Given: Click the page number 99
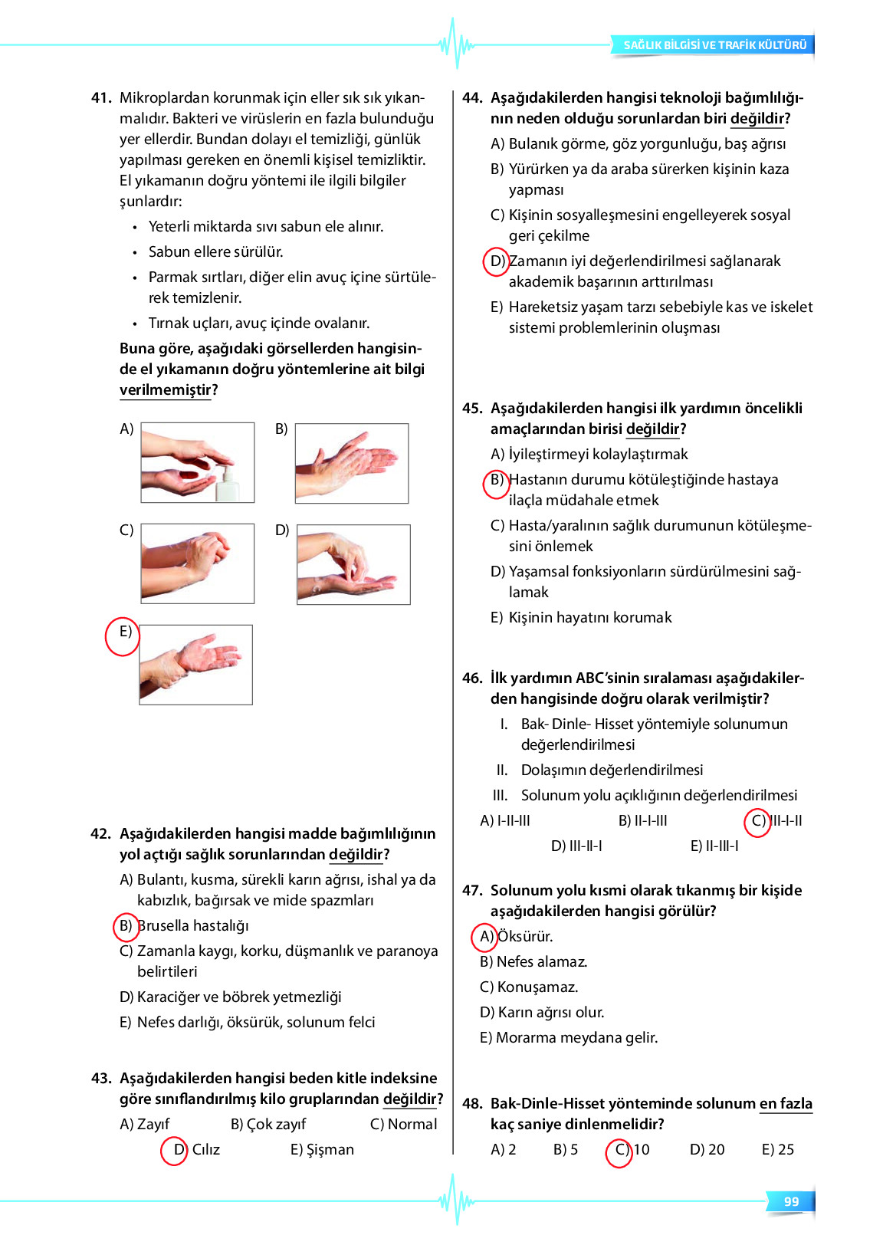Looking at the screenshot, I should click(x=791, y=1201).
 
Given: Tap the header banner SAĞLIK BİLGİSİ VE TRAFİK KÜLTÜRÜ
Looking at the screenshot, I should click(x=714, y=45).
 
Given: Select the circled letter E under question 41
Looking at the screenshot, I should click(x=123, y=635).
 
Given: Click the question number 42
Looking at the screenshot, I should click(x=100, y=834).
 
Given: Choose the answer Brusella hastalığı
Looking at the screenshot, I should click(x=192, y=926).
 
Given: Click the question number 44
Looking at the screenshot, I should click(x=472, y=98).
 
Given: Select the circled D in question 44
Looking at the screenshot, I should click(x=497, y=261).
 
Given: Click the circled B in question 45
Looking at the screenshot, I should click(x=497, y=481).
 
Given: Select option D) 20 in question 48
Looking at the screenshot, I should click(x=707, y=1150).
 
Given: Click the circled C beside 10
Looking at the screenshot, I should click(x=620, y=1151).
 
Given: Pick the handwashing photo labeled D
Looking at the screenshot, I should click(x=353, y=564).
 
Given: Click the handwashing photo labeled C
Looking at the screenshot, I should click(x=198, y=563).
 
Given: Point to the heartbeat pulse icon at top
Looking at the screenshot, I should click(x=457, y=44).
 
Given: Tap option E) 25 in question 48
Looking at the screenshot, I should click(x=777, y=1150).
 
